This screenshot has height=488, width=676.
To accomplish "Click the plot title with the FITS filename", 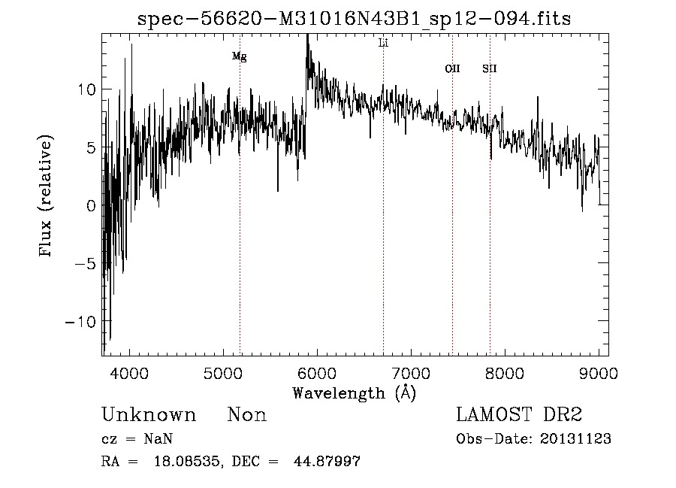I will [355, 20].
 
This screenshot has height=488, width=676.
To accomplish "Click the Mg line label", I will [239, 56].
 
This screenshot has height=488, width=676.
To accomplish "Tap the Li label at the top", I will [383, 43].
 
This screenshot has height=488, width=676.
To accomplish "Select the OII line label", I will [452, 68].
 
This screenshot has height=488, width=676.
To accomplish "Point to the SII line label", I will [490, 68].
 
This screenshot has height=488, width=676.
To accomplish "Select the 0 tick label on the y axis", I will [89, 205].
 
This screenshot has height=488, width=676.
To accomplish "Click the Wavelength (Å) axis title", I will [354, 393].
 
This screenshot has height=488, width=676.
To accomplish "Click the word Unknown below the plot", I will [149, 415].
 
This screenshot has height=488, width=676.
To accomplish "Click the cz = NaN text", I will [141, 439].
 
